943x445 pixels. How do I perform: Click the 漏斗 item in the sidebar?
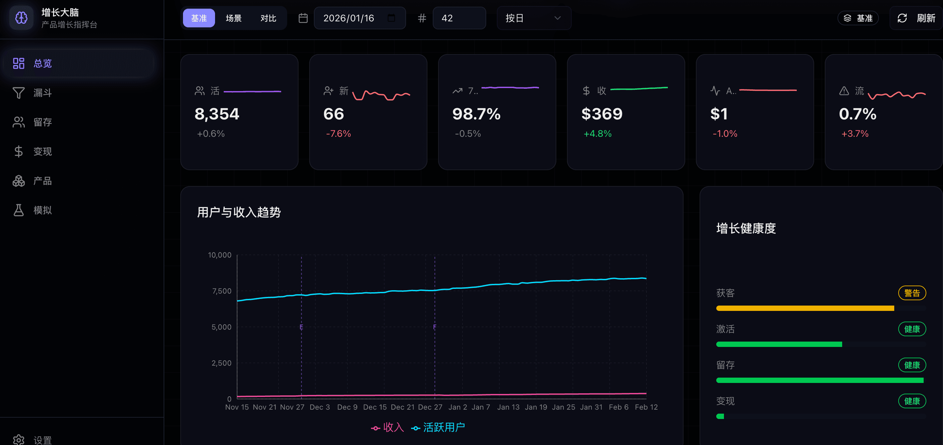tap(42, 93)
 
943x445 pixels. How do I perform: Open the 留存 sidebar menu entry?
tap(42, 122)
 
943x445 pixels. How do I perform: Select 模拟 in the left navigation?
tap(42, 210)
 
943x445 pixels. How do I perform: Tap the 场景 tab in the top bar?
tap(233, 18)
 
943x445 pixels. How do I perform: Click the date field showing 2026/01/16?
tap(349, 18)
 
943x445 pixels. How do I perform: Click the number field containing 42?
tap(459, 18)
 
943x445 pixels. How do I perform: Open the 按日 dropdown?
tap(533, 18)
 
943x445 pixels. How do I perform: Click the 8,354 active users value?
tap(217, 114)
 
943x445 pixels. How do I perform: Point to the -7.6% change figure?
tap(338, 134)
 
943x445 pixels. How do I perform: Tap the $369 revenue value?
tap(602, 114)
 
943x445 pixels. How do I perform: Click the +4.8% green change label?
tap(597, 134)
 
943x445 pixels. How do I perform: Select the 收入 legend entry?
tap(388, 427)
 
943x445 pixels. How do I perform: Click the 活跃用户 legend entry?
tap(438, 427)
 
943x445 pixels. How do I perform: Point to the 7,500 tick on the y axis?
tap(221, 291)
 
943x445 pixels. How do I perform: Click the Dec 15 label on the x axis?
tap(374, 407)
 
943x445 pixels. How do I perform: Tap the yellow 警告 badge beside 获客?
tap(912, 293)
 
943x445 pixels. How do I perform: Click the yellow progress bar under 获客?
tap(805, 308)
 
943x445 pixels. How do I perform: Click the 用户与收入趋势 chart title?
tap(239, 212)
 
